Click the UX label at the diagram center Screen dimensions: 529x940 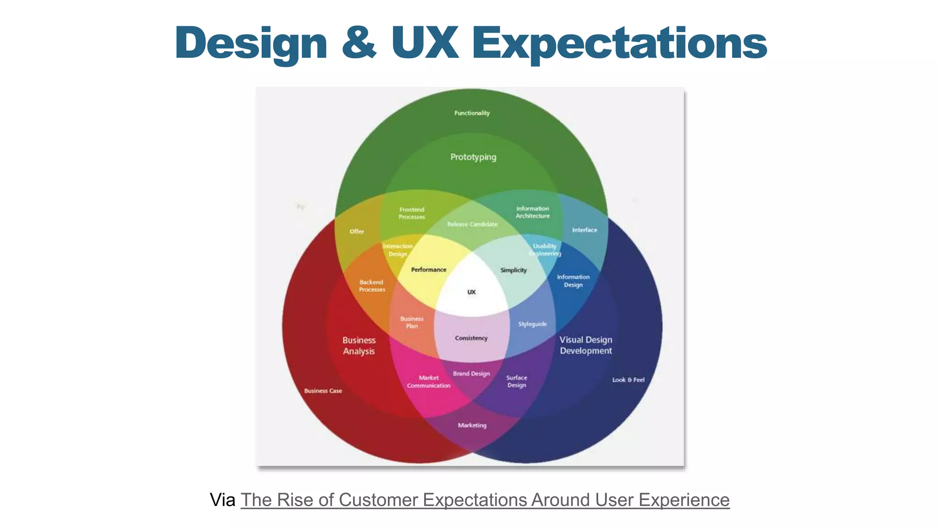pos(471,292)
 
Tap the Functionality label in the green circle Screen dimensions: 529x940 pos(472,113)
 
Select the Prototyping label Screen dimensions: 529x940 pos(473,157)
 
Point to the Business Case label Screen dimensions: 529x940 pos(323,391)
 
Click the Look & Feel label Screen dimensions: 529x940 pos(628,380)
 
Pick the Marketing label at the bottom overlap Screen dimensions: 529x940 pos(472,425)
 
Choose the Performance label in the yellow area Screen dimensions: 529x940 pos(429,270)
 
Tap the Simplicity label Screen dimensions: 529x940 pos(514,270)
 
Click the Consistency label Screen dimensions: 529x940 pos(471,338)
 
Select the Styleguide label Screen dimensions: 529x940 pos(532,324)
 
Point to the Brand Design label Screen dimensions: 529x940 pos(471,373)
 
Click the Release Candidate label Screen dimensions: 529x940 pos(472,224)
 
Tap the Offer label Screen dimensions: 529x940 pos(357,231)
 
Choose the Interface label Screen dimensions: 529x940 pos(584,230)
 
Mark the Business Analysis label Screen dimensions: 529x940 pos(359,346)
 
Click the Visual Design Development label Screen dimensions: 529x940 pos(586,345)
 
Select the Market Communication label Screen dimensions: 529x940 pos(429,382)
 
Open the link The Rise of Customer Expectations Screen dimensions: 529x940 pos(485,500)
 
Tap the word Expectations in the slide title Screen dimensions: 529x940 pos(619,43)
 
